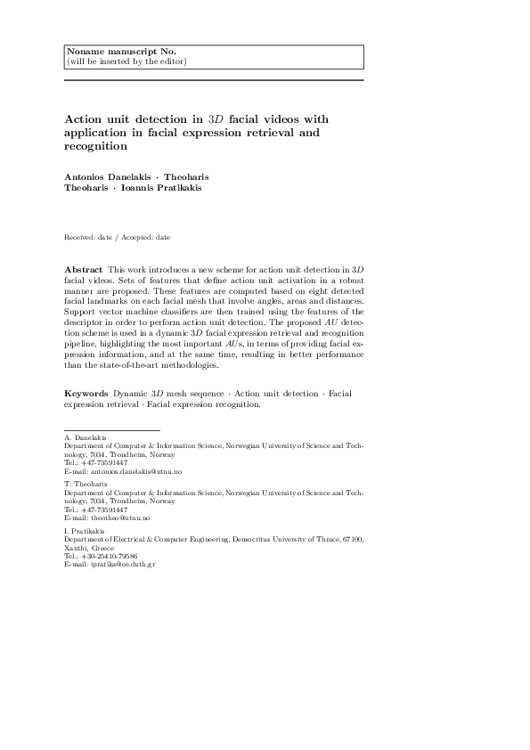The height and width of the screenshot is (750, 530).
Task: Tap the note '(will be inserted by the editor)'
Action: pos(126,61)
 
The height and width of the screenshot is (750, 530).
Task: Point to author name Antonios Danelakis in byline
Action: pos(102,177)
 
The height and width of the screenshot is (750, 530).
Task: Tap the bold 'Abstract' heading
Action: pos(83,269)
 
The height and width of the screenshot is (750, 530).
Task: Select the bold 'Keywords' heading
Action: pos(86,393)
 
